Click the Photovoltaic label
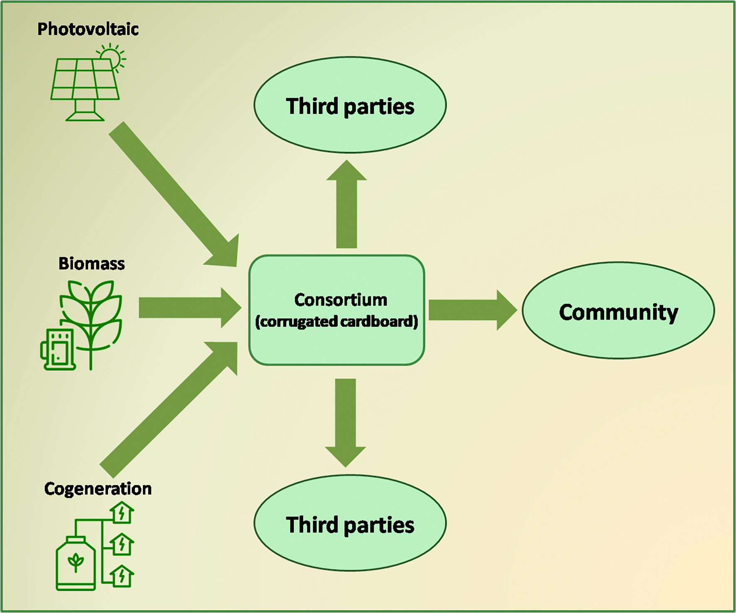tap(88, 29)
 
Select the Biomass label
tap(91, 263)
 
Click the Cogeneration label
tap(98, 489)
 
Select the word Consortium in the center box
tap(341, 300)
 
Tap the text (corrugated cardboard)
tap(336, 322)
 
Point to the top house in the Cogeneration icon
tap(122, 513)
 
